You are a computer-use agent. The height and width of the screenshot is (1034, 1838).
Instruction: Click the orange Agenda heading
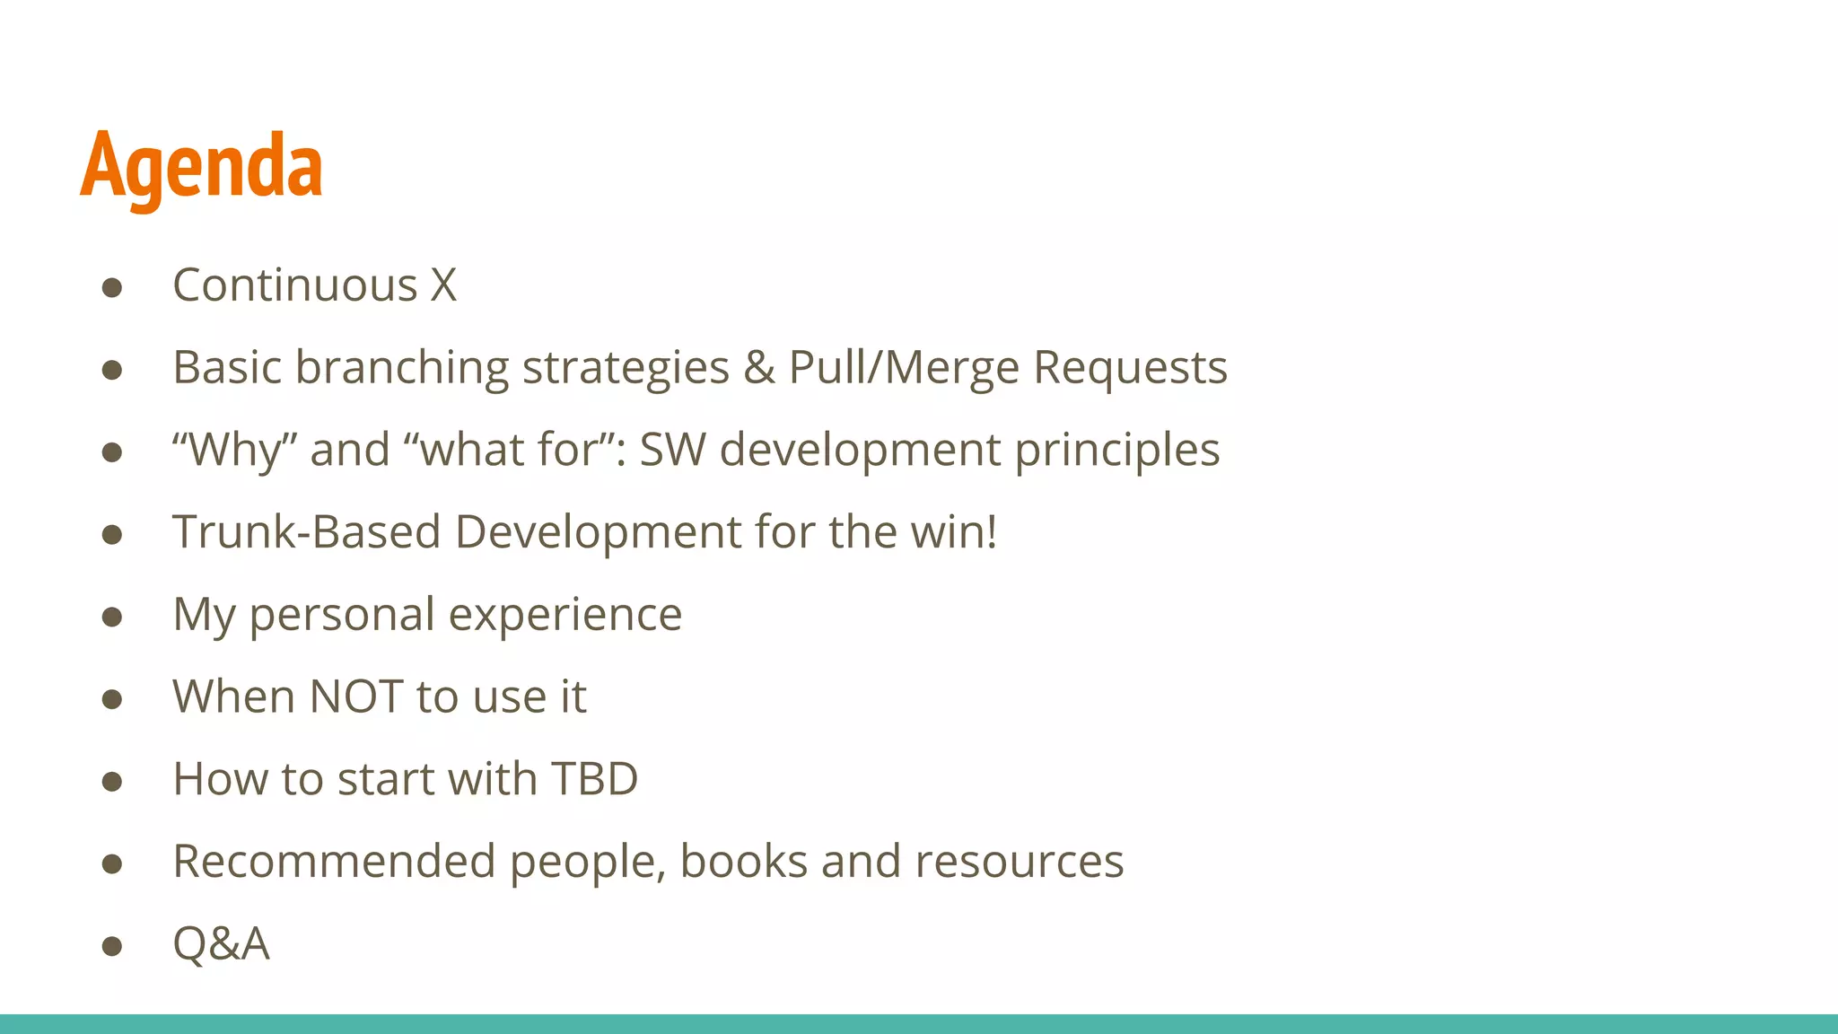[x=201, y=166]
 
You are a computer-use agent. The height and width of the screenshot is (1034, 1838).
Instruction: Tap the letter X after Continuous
[x=443, y=285]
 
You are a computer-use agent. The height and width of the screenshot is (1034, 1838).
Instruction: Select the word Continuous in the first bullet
[x=295, y=285]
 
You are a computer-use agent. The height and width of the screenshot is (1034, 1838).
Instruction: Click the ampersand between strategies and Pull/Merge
[x=759, y=368]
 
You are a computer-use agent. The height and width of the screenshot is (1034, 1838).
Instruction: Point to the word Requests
[x=1130, y=368]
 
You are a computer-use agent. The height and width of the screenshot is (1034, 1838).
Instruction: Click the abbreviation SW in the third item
[x=672, y=450]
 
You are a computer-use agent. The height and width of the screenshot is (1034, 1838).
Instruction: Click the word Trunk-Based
[x=307, y=532]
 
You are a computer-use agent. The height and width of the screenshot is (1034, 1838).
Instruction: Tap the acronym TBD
[x=594, y=779]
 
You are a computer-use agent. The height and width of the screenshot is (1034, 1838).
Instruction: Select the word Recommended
[x=334, y=862]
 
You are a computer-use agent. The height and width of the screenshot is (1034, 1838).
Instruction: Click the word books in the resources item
[x=744, y=862]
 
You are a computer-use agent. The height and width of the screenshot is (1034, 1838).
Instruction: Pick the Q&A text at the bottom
[x=221, y=944]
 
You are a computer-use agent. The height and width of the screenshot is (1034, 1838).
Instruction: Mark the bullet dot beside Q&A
[x=112, y=946]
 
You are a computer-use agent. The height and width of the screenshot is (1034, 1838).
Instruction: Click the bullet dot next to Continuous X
[x=112, y=287]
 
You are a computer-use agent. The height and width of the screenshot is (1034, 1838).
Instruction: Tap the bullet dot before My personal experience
[x=112, y=617]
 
